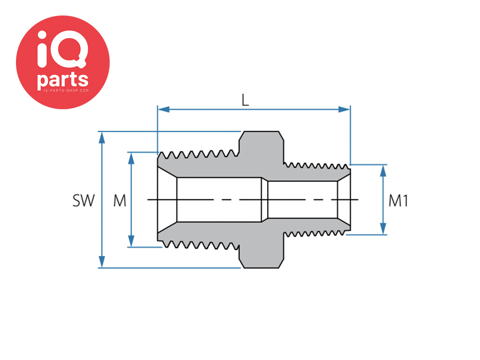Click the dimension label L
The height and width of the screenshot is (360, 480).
pyautogui.click(x=245, y=100)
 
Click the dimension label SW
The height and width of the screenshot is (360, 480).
pyautogui.click(x=83, y=201)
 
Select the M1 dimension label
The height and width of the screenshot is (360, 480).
pyautogui.click(x=398, y=201)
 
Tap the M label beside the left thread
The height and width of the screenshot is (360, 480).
pyautogui.click(x=120, y=201)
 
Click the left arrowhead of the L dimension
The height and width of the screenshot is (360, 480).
pyautogui.click(x=164, y=109)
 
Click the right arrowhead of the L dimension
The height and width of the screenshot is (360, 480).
pyautogui.click(x=345, y=109)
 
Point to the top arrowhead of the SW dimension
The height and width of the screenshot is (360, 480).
pyautogui.click(x=102, y=138)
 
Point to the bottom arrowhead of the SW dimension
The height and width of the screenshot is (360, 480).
pyautogui.click(x=102, y=262)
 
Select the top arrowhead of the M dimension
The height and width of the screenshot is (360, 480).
pyautogui.click(x=131, y=158)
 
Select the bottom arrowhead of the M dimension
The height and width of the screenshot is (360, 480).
pyautogui.click(x=131, y=241)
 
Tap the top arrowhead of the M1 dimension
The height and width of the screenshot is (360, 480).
pyautogui.click(x=383, y=171)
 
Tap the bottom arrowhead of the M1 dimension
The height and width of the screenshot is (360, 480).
pyautogui.click(x=383, y=229)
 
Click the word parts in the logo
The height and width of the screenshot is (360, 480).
pyautogui.click(x=63, y=80)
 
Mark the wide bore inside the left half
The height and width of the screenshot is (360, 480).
pyautogui.click(x=219, y=200)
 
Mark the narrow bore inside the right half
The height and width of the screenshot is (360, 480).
pyautogui.click(x=303, y=200)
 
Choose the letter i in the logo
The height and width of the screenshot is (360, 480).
pyautogui.click(x=42, y=49)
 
